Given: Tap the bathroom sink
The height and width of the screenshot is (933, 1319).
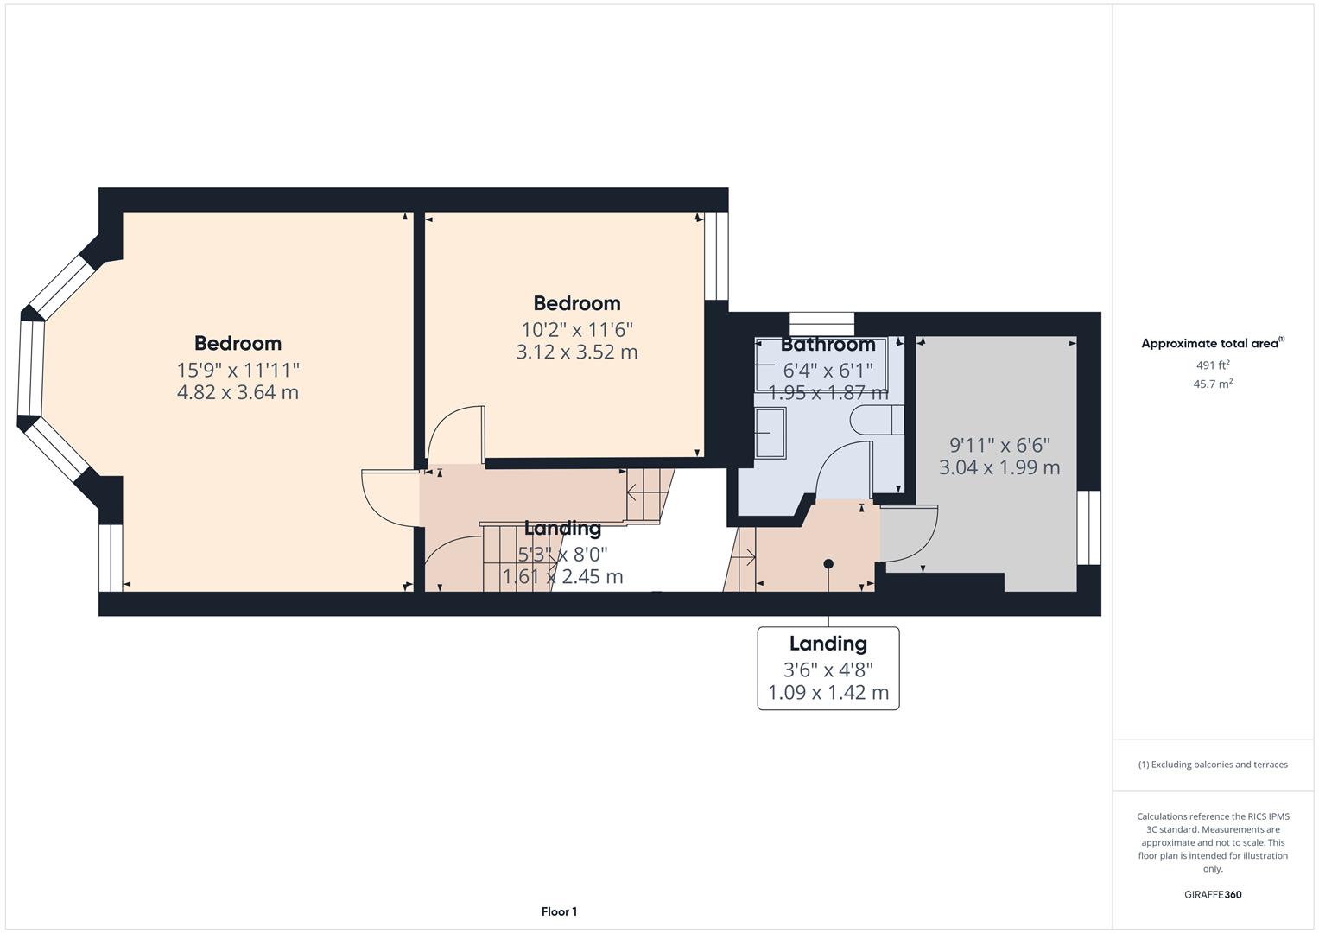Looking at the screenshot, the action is click(770, 432).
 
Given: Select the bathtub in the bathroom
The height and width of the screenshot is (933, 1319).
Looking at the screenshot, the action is click(821, 365).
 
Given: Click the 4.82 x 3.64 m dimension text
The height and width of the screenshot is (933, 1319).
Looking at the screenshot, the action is click(238, 392).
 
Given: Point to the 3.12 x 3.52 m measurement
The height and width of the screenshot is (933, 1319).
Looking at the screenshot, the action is click(576, 352).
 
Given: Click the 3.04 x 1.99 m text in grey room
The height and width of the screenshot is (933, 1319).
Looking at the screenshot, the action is click(999, 467).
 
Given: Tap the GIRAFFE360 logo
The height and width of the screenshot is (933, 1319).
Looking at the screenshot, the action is click(1213, 894).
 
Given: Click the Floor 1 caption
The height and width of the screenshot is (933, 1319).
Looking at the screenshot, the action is click(559, 911).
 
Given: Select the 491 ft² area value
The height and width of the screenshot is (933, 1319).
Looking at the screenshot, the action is click(1213, 365).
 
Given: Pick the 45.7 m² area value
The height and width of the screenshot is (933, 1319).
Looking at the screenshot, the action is click(1213, 384).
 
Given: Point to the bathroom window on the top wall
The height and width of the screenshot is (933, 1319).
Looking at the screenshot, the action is click(821, 324).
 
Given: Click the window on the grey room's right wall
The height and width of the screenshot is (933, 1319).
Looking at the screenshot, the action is click(1088, 527).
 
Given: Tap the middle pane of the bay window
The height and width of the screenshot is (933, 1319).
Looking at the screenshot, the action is click(31, 368).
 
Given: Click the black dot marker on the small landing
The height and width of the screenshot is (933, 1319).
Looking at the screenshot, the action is click(828, 563).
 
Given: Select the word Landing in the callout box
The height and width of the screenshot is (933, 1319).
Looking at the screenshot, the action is click(828, 644).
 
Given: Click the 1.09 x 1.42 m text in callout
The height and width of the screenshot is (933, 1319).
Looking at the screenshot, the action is click(828, 692).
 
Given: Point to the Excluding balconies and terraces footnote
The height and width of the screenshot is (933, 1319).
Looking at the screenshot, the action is click(1213, 765).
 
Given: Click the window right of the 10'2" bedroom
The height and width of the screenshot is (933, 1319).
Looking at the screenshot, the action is click(717, 256).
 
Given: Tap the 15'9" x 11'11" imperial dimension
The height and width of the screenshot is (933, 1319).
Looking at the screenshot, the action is click(238, 370).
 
